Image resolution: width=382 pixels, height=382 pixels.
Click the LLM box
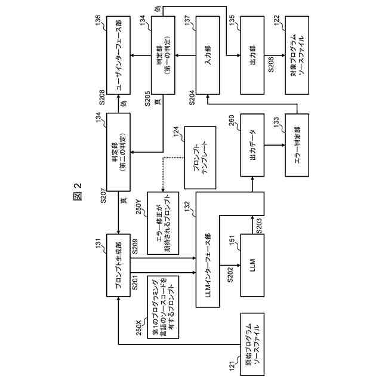[252, 263]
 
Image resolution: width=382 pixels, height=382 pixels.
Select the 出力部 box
[252, 56]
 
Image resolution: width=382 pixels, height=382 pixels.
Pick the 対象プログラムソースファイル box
[298, 56]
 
